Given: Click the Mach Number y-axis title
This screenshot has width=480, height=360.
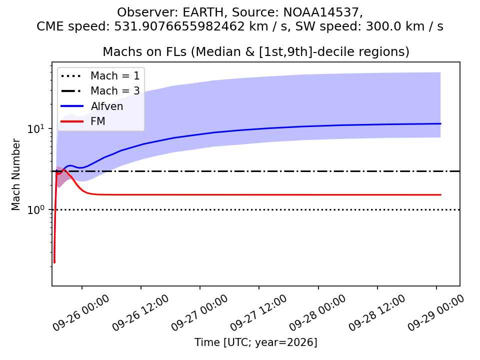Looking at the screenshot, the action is coord(15,174).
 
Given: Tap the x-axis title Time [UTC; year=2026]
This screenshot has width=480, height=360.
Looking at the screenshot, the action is coord(256,342).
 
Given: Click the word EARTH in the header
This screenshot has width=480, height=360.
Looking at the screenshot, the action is coord(203,12).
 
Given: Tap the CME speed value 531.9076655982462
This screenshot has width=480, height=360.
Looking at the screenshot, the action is coord(179,26).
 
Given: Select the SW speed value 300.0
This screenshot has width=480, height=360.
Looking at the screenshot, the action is coord(381,26).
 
